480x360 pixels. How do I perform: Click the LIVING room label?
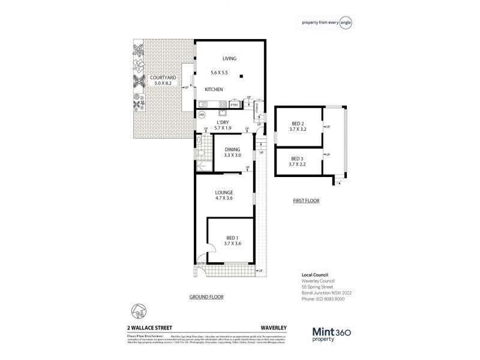(x=229, y=59)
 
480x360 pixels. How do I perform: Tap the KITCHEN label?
(x=214, y=89)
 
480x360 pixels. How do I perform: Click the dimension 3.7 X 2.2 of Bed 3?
(x=298, y=163)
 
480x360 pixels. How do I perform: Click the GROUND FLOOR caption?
(x=207, y=297)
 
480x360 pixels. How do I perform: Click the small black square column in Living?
(x=241, y=76)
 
